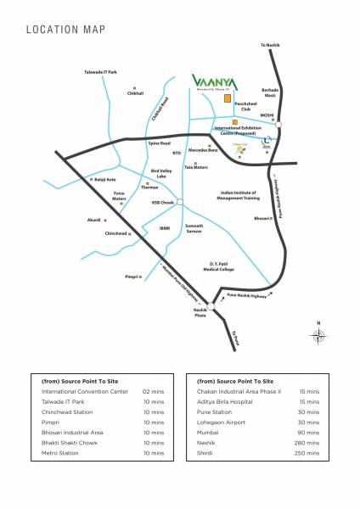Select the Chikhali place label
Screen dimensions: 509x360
(x=135, y=92)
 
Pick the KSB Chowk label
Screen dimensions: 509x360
(x=162, y=203)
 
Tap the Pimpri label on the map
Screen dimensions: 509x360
(x=132, y=277)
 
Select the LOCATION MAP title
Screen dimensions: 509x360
(x=65, y=30)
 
